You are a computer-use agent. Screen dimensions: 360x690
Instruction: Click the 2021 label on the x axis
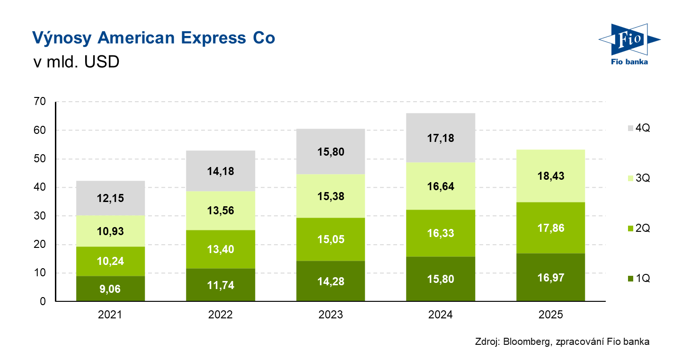[x=110, y=315]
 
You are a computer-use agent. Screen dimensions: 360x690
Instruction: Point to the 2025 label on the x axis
[x=551, y=315]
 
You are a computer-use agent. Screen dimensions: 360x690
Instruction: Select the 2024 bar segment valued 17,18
[x=441, y=138]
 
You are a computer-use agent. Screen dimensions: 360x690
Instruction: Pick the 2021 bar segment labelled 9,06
[x=110, y=289]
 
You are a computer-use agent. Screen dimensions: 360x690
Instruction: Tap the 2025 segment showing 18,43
[x=551, y=176]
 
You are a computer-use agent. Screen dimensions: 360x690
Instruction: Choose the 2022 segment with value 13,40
[x=220, y=249]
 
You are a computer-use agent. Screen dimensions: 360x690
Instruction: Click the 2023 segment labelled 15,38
[x=330, y=196]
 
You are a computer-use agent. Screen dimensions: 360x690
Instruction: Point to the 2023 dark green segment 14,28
[x=330, y=281]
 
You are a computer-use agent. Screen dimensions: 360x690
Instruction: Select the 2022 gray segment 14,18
[x=220, y=171]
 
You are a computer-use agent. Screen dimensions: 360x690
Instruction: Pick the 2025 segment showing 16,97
[x=551, y=277]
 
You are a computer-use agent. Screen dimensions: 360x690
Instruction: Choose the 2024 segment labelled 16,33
[x=441, y=233]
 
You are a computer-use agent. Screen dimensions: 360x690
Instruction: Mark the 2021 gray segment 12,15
[x=110, y=198]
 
